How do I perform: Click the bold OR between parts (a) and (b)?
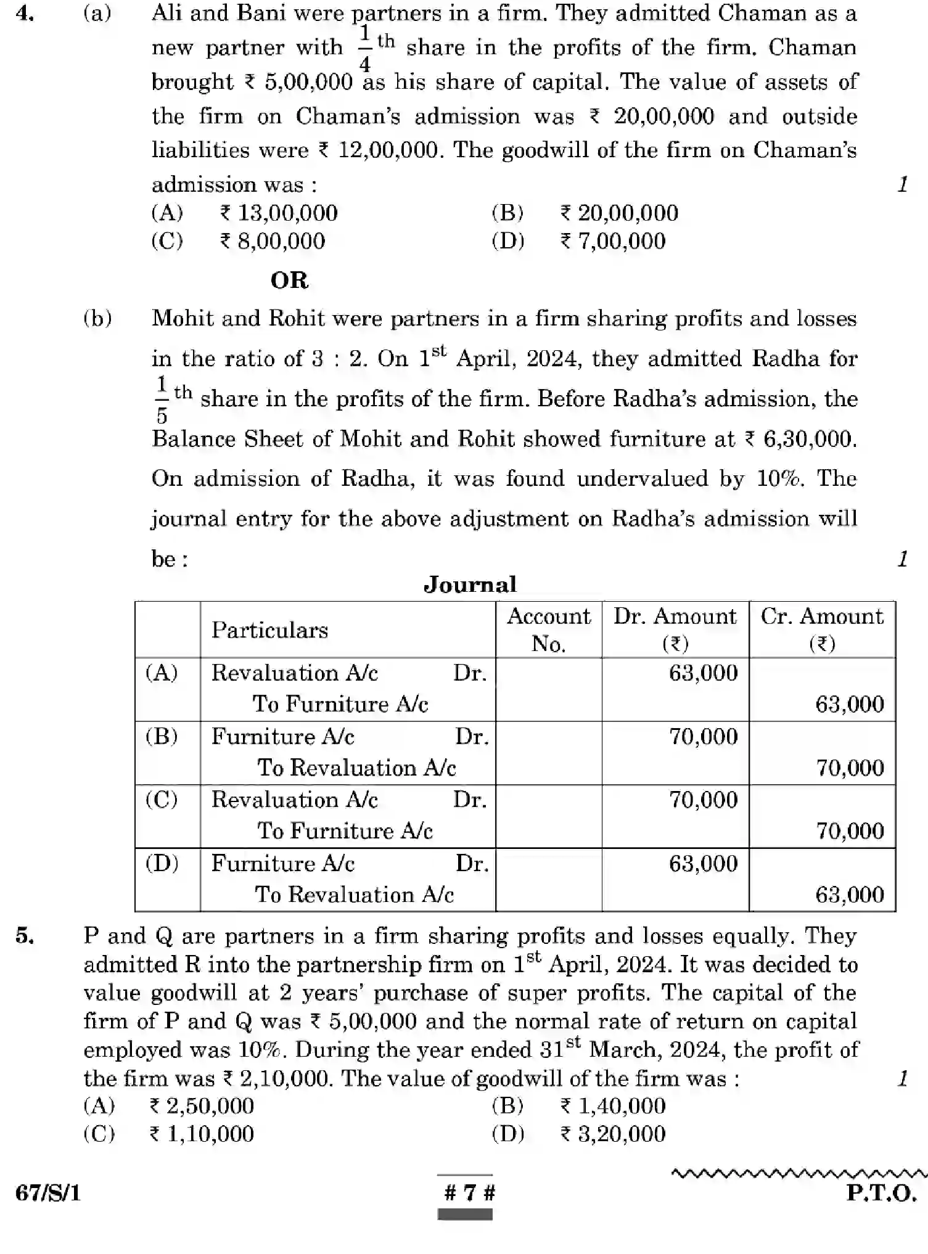[289, 281]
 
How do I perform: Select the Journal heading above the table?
[469, 584]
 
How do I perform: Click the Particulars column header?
[269, 630]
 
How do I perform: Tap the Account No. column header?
[548, 629]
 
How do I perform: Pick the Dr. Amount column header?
[675, 629]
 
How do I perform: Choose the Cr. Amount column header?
[821, 629]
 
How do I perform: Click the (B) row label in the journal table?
[162, 736]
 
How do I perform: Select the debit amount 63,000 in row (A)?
[703, 673]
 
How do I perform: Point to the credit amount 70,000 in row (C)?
[850, 831]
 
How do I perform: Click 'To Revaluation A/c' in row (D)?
[354, 895]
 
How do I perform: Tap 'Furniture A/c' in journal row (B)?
[282, 737]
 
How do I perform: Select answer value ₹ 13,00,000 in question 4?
[279, 213]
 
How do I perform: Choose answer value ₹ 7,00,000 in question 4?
[612, 241]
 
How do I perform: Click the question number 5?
[25, 936]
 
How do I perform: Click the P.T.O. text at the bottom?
[881, 1192]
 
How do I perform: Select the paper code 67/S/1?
[48, 1193]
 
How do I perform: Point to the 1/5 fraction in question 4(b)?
[162, 400]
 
